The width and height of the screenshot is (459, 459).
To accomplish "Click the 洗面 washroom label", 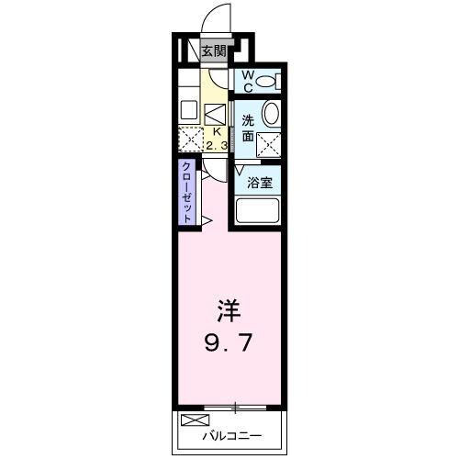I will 248,128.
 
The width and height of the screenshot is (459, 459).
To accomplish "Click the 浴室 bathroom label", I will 260,182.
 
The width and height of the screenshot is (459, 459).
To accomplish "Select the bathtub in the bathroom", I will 260,212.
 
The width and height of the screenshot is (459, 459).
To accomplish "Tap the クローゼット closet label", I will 186,192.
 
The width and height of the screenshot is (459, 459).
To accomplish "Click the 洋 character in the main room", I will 229,308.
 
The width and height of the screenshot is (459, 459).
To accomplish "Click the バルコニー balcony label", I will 233,436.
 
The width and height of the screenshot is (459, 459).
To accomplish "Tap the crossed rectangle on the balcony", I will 193,420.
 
